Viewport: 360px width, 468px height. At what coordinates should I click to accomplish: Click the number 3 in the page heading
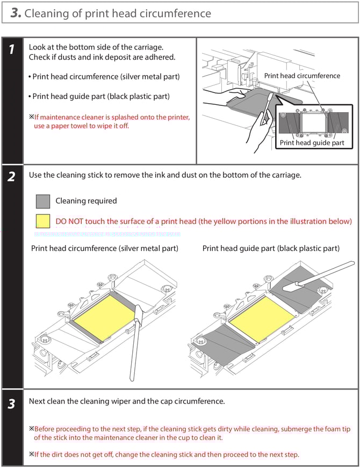[x=16, y=13]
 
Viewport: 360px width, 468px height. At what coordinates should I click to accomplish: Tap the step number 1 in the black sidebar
[x=11, y=50]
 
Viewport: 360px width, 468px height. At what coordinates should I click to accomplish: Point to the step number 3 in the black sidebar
[x=11, y=404]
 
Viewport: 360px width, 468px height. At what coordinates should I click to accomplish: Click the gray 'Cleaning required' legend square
[x=42, y=201]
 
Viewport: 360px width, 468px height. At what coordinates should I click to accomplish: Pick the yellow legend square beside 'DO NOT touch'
[x=42, y=221]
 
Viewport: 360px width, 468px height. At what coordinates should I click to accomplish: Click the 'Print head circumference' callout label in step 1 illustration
[x=301, y=76]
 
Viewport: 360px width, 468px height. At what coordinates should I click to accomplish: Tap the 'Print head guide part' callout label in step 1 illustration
[x=312, y=143]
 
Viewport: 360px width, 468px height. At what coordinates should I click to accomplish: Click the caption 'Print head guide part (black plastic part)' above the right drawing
[x=271, y=248]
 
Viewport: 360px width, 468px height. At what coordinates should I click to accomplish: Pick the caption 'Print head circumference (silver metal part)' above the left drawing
[x=105, y=248]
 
